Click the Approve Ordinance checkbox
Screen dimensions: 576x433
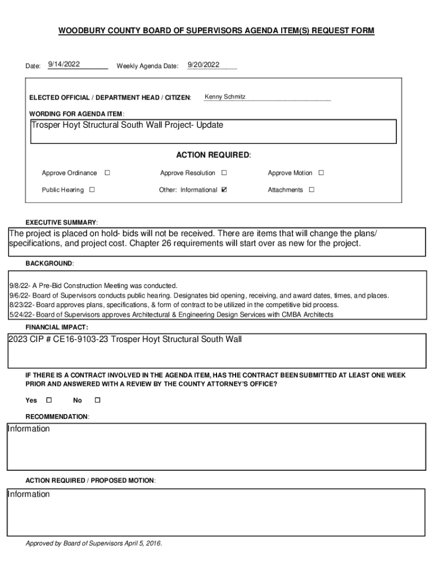coord(107,173)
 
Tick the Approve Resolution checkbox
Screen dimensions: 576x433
coord(224,173)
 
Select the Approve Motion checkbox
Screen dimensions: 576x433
coord(322,173)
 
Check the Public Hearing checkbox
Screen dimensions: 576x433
coord(92,190)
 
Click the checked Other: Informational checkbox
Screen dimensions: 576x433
coord(224,190)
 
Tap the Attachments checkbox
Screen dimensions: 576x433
coord(312,190)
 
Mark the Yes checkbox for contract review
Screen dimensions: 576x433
coord(48,400)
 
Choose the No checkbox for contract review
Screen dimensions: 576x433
coord(97,400)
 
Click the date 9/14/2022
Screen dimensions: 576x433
coord(64,65)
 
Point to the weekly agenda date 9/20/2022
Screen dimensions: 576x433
coord(204,65)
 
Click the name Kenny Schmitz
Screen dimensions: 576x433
coord(225,97)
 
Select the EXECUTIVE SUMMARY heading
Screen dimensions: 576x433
coord(62,222)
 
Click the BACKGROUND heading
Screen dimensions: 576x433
coord(49,263)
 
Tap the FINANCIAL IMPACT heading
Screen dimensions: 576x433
coord(57,327)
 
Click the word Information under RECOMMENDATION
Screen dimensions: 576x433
coord(29,429)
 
